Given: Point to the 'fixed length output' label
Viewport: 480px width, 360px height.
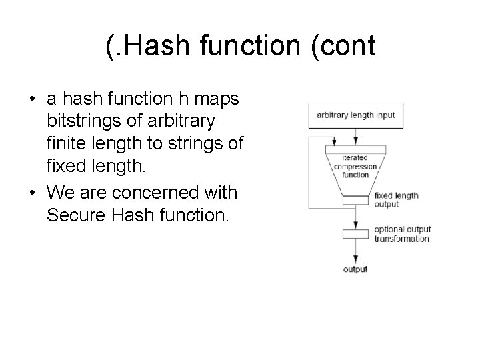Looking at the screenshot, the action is (396, 200).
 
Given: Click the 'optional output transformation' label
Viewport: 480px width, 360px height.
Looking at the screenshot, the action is (401, 234).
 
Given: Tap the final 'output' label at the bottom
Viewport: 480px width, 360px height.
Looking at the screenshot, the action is (355, 269).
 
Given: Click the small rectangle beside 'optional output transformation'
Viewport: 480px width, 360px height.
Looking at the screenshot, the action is (355, 234).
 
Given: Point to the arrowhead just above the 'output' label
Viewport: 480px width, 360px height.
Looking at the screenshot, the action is (355, 258).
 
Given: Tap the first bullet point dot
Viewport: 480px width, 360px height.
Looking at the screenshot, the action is (33, 100).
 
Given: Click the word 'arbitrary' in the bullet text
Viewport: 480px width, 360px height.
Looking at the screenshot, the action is (183, 121).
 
